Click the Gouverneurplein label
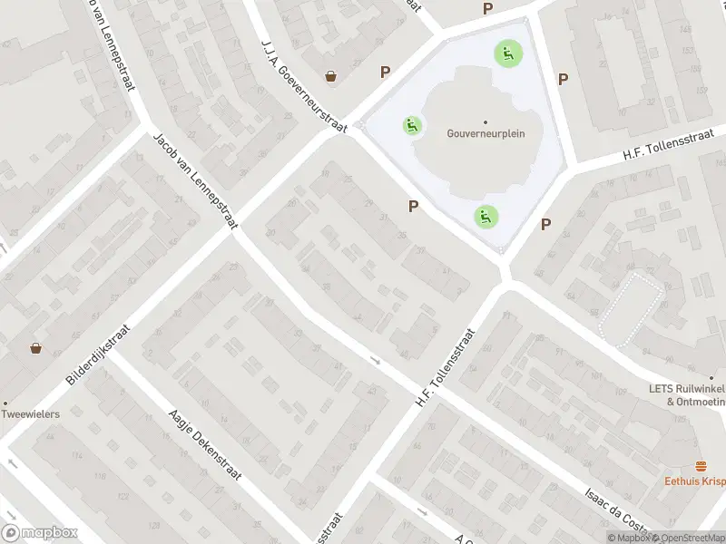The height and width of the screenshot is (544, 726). tap(486, 133)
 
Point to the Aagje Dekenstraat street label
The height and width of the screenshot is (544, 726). tap(203, 458)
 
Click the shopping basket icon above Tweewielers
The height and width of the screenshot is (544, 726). tap(35, 347)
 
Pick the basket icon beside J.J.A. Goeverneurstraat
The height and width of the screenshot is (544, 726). tap(332, 76)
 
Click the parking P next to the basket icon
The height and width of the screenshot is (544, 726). tap(386, 72)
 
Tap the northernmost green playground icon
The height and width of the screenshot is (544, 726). tap(506, 53)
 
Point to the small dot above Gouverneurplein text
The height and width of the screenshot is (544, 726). tap(486, 121)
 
